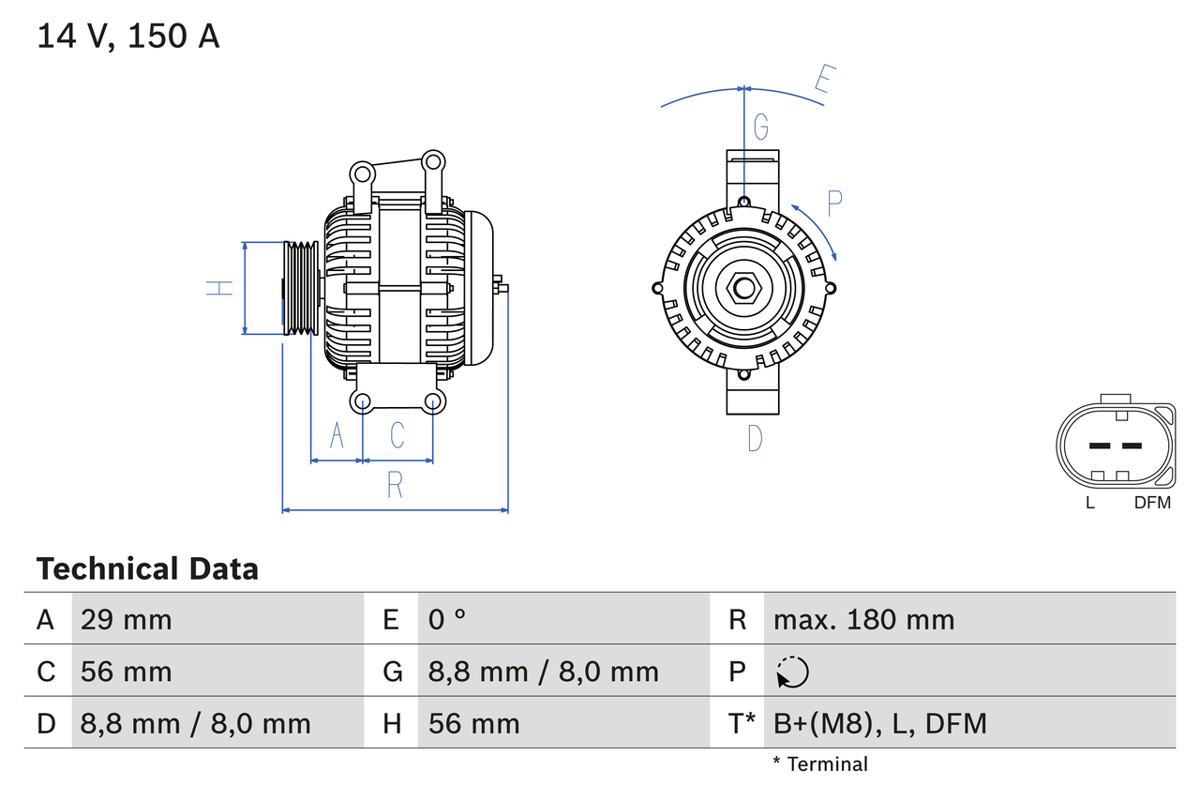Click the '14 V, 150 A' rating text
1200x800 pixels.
point(128,36)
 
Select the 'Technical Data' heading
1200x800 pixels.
point(147,568)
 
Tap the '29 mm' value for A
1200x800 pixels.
point(126,619)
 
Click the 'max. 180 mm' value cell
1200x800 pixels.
point(863,619)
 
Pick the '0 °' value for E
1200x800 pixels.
point(447,619)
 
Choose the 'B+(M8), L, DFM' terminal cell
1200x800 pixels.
point(879,723)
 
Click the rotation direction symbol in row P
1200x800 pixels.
point(792,672)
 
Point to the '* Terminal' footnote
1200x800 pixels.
point(820,764)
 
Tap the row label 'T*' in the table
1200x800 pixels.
point(742,723)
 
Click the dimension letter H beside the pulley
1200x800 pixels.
point(219,288)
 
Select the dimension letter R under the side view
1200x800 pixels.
point(395,485)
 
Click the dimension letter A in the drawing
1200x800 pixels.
point(337,435)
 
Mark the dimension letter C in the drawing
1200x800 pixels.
point(397,435)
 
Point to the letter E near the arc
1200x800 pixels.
point(823,81)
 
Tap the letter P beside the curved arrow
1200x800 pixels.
point(834,201)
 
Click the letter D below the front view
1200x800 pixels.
point(755,437)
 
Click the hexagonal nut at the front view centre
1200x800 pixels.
point(744,288)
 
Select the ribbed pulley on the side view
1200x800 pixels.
point(301,287)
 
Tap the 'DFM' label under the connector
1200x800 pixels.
point(1152,503)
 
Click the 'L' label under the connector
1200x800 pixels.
point(1089,503)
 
